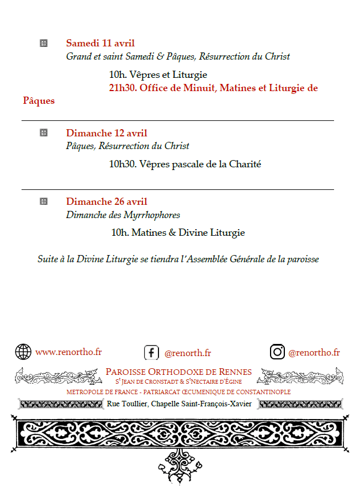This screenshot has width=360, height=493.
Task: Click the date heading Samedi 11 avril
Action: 100,43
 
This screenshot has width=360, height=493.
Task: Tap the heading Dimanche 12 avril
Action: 107,133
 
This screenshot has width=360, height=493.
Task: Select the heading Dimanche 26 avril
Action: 107,202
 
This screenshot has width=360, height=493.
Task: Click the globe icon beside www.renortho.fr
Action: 23,352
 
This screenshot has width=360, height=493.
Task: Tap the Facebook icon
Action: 151,352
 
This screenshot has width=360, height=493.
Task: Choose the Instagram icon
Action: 277,352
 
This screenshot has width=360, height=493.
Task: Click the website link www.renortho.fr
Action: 68,352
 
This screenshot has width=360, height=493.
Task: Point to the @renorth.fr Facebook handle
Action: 188,353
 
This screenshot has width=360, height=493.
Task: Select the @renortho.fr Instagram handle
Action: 314,353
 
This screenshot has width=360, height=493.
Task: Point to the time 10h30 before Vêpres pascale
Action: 122,164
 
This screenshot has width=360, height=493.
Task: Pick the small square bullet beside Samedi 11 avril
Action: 44,43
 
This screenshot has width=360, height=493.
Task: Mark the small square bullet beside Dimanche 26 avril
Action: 44,202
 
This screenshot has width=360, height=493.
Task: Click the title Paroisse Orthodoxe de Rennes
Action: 178,372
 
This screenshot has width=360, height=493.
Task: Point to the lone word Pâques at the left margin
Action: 39,101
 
